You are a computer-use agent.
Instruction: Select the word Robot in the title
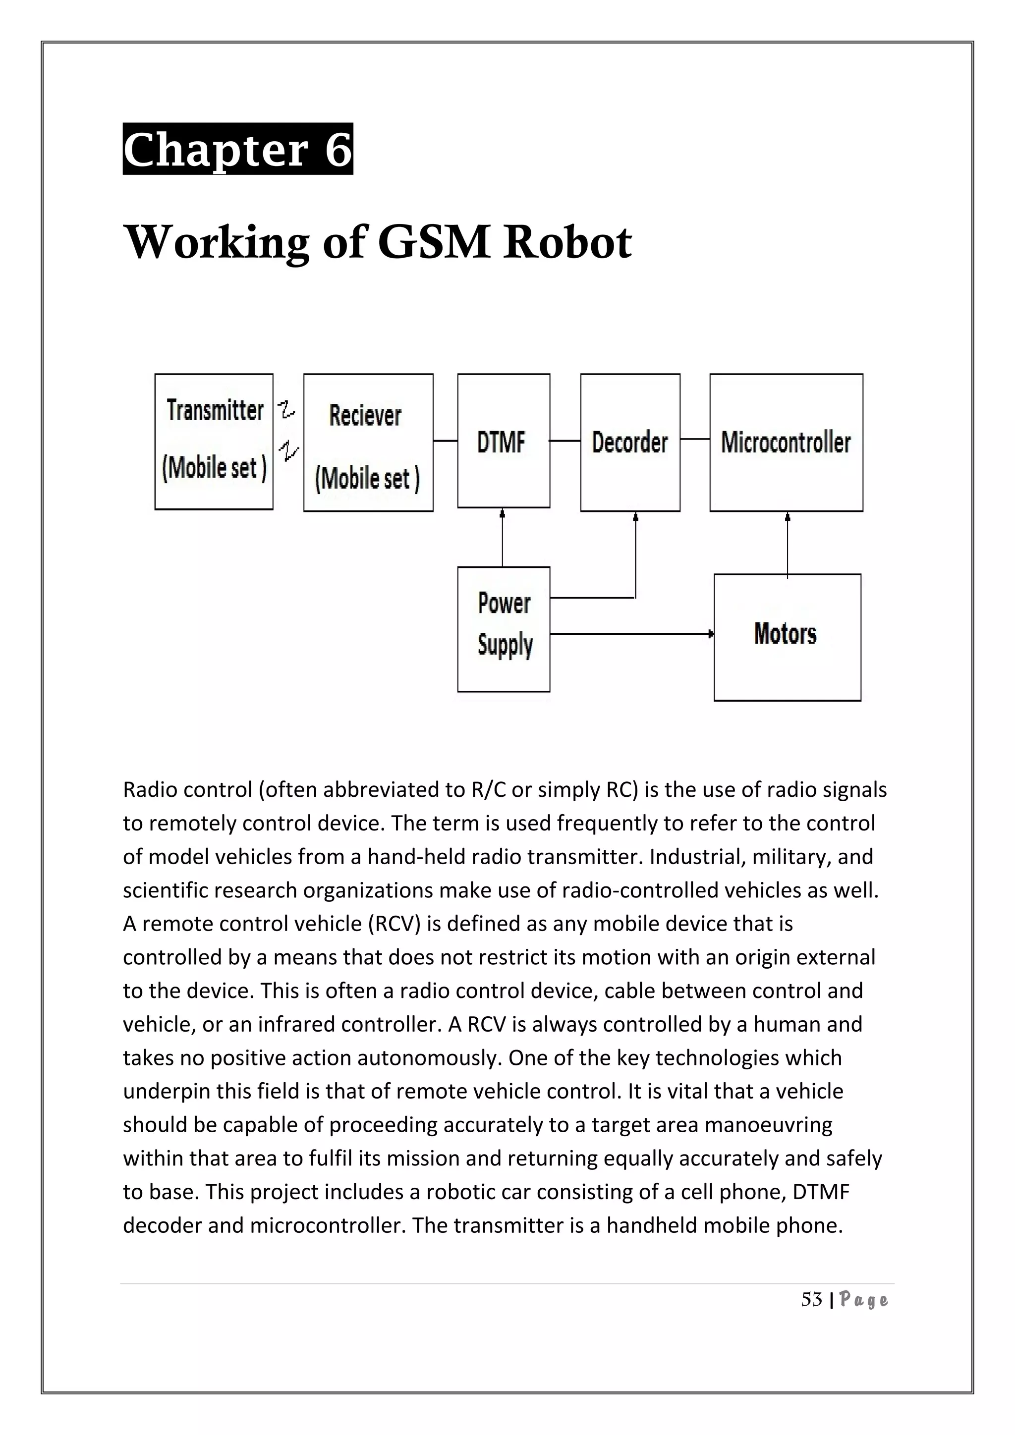pyautogui.click(x=567, y=242)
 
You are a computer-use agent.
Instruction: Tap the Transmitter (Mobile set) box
pyautogui.click(x=214, y=441)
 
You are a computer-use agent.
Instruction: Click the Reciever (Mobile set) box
pyautogui.click(x=368, y=442)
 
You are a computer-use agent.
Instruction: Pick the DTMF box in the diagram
pyautogui.click(x=503, y=441)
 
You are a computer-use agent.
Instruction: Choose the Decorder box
pyautogui.click(x=630, y=442)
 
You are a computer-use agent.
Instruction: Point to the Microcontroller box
pyautogui.click(x=786, y=442)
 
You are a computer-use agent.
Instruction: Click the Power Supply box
pyautogui.click(x=503, y=629)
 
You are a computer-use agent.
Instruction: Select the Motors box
pyautogui.click(x=787, y=637)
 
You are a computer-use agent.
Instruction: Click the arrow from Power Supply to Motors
pyautogui.click(x=631, y=634)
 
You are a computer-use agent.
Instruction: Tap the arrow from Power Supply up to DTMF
pyautogui.click(x=503, y=538)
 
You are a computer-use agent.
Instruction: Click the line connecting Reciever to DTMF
pyautogui.click(x=445, y=441)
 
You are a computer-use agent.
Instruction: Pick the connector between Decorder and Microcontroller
pyautogui.click(x=694, y=440)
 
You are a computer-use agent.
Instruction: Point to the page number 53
pyautogui.click(x=811, y=1300)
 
